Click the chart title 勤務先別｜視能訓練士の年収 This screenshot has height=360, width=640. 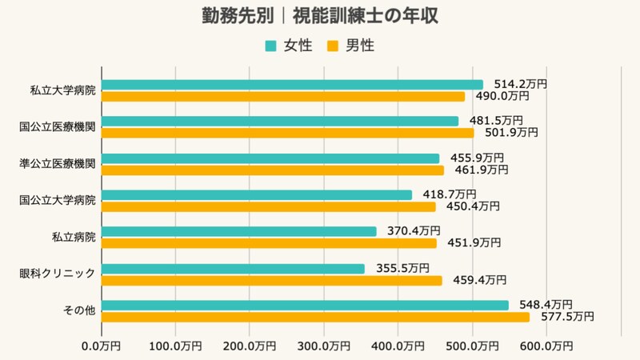(320, 17)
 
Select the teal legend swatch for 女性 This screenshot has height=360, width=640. (270, 46)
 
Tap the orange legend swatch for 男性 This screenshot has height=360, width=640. (333, 46)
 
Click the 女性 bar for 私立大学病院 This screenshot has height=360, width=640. (293, 85)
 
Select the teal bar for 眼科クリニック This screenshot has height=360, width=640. (234, 269)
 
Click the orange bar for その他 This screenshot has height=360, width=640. (316, 317)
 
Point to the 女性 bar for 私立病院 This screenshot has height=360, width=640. (239, 231)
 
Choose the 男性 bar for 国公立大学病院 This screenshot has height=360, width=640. (270, 206)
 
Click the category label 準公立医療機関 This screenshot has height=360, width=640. (58, 164)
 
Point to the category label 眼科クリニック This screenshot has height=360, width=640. (58, 274)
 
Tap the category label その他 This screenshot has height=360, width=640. (80, 310)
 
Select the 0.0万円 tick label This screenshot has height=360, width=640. (102, 346)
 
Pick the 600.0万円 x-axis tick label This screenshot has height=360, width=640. (546, 346)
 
